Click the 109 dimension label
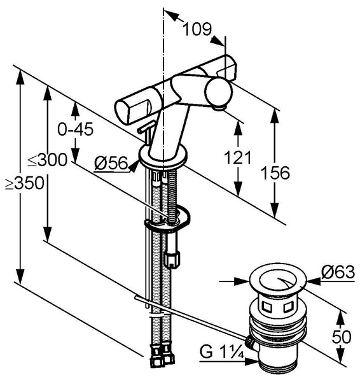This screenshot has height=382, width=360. click(197, 29)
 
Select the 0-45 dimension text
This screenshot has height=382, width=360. click(76, 129)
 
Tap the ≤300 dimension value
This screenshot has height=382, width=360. click(48, 160)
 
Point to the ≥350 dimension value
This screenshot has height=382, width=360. click(25, 183)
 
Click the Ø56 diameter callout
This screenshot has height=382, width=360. click(111, 163)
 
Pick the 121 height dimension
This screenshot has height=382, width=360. click(237, 158)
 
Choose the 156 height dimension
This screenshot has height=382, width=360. click(275, 173)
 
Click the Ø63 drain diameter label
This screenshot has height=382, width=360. click(338, 272)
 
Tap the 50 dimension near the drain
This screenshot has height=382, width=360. click(342, 337)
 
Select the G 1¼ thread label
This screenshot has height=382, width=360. click(222, 352)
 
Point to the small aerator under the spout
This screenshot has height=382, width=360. click(218, 108)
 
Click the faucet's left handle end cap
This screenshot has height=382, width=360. click(121, 111)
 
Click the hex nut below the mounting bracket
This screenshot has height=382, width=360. click(172, 260)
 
